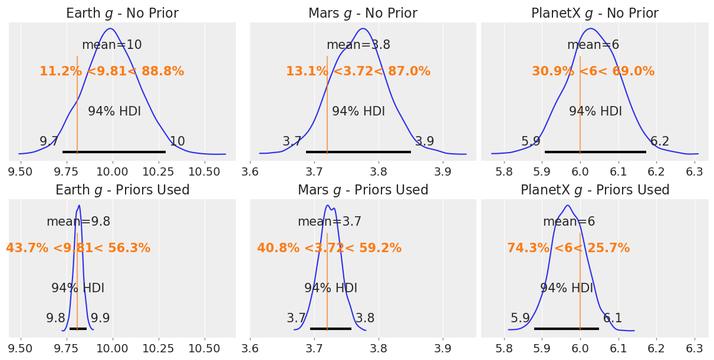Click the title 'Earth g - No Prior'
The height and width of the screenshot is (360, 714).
click(122, 13)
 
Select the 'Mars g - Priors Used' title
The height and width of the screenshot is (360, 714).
click(363, 190)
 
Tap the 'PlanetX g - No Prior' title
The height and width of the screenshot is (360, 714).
click(594, 13)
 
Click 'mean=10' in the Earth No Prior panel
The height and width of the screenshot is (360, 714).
click(111, 45)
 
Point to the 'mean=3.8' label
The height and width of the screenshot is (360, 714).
click(358, 45)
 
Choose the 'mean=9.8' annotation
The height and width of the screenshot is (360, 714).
click(78, 222)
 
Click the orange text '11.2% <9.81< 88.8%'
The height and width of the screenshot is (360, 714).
click(111, 71)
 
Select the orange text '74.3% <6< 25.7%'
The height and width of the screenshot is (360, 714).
click(568, 248)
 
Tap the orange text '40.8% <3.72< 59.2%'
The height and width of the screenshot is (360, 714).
click(329, 248)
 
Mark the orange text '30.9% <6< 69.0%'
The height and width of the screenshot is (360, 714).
click(593, 71)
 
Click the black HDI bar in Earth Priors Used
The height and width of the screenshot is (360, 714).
click(78, 328)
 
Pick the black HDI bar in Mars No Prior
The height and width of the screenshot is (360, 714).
click(358, 152)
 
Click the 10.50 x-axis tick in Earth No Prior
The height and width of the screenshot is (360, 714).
click(204, 171)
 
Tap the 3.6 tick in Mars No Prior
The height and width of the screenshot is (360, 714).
click(251, 171)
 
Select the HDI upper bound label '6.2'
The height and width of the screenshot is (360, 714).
click(659, 141)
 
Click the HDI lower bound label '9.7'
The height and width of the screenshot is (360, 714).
click(49, 141)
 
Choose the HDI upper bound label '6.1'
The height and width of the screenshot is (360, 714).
click(613, 318)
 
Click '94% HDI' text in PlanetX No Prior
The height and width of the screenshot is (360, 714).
click(595, 111)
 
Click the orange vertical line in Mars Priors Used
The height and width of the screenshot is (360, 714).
click(327, 277)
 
